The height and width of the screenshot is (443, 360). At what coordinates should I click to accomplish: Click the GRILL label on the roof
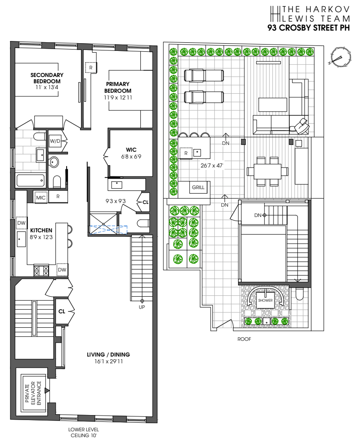198,187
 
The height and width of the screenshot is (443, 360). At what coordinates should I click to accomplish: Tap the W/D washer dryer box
55,141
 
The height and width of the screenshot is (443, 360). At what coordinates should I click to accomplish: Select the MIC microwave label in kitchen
40,198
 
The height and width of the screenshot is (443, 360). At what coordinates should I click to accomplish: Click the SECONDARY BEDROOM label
47,78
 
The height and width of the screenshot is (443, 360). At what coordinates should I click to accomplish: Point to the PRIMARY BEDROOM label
118,87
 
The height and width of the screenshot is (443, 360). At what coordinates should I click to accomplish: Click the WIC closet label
131,150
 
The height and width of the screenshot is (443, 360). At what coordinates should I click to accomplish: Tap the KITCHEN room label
41,230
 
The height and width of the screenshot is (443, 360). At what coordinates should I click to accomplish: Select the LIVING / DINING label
108,355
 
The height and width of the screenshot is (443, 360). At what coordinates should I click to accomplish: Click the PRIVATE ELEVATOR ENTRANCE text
33,393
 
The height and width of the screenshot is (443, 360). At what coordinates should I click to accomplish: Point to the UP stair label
142,307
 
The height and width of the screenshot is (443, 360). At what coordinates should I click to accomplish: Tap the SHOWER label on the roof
265,300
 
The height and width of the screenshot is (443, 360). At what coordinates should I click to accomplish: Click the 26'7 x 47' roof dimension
212,166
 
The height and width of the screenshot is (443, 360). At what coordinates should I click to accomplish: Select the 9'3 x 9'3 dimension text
116,201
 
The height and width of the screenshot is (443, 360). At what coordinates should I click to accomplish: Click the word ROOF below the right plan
244,339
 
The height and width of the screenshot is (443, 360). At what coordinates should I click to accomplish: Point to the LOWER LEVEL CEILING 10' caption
84,432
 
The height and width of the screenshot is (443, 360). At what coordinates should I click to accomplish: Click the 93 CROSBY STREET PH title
309,28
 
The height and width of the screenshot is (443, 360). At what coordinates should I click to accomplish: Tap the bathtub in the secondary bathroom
31,180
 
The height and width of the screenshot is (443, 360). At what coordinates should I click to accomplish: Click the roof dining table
267,172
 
